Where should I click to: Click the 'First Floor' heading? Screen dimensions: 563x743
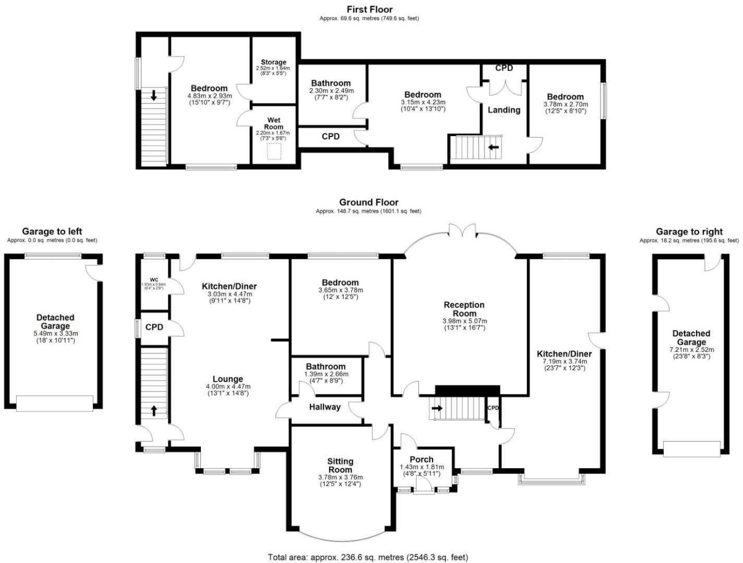pyautogui.click(x=369, y=9)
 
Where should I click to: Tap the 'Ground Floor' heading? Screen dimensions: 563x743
pyautogui.click(x=368, y=202)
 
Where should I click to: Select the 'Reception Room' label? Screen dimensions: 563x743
pyautogui.click(x=464, y=309)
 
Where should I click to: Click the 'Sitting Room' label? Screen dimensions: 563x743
pyautogui.click(x=340, y=465)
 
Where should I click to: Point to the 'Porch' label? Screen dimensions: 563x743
pyautogui.click(x=421, y=459)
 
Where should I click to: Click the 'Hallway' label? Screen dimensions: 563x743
pyautogui.click(x=325, y=407)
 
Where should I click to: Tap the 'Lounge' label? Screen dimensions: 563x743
pyautogui.click(x=227, y=379)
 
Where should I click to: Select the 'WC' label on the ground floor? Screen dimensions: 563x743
pyautogui.click(x=154, y=279)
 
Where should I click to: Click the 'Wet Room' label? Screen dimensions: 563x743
pyautogui.click(x=273, y=124)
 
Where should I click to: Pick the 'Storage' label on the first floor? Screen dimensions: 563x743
pyautogui.click(x=273, y=62)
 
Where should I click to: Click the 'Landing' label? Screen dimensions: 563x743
pyautogui.click(x=504, y=110)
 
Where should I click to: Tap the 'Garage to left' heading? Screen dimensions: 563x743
pyautogui.click(x=52, y=231)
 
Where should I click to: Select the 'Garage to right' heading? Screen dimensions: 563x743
pyautogui.click(x=689, y=231)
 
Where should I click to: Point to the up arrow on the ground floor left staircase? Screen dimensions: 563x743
pyautogui.click(x=154, y=410)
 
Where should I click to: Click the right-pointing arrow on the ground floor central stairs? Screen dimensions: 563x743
pyautogui.click(x=437, y=408)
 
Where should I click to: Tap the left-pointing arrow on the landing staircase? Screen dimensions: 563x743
pyautogui.click(x=493, y=148)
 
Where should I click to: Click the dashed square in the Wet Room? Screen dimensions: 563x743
pyautogui.click(x=274, y=152)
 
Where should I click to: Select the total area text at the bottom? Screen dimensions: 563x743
pyautogui.click(x=368, y=557)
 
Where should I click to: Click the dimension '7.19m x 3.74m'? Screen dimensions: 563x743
pyautogui.click(x=564, y=361)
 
